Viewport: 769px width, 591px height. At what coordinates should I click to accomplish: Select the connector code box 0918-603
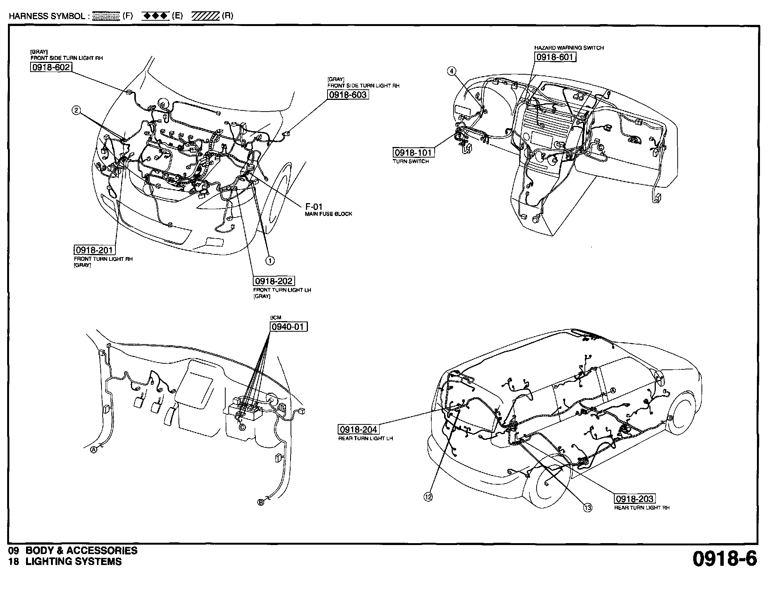tap(348, 95)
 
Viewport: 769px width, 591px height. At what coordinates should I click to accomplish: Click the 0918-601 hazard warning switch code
tap(555, 57)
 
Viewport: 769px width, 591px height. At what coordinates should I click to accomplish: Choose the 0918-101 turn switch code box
tap(413, 153)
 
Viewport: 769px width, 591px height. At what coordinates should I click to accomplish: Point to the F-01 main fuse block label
tap(314, 207)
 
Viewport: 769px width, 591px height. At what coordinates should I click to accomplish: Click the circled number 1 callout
tap(270, 260)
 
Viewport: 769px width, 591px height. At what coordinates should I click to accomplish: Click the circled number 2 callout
tap(76, 110)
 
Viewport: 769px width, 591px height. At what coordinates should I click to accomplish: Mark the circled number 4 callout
tap(452, 71)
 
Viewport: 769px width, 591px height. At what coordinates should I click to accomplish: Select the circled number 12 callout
tap(428, 497)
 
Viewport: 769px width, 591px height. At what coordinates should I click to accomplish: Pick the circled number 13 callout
tap(588, 508)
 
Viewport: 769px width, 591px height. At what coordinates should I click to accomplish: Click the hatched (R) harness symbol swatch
tap(205, 16)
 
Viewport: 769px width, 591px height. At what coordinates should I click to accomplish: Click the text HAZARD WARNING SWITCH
tap(569, 48)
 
